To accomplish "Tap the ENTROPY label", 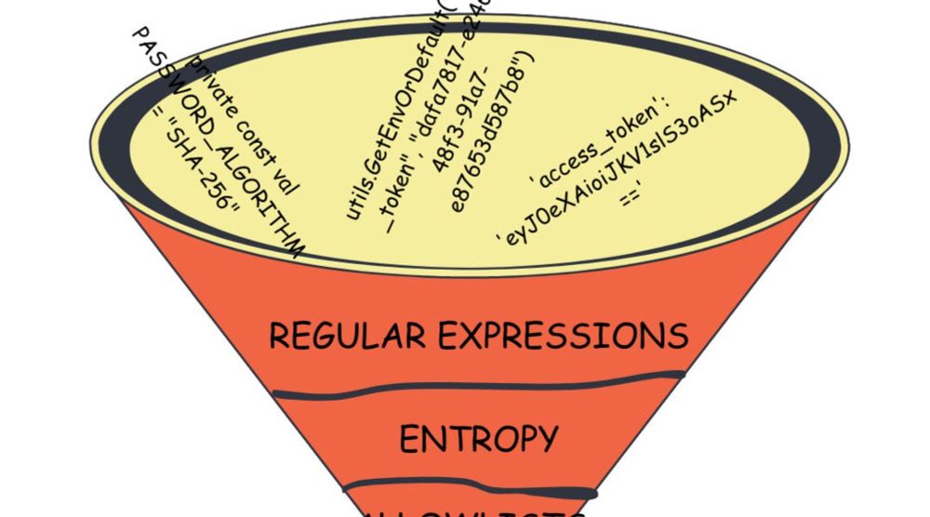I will tap(478, 438).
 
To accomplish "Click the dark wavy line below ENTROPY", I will tap(470, 489).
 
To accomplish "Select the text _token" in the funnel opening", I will tap(401, 205).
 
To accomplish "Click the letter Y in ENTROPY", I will tap(545, 438).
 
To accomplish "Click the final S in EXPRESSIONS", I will tap(677, 336).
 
